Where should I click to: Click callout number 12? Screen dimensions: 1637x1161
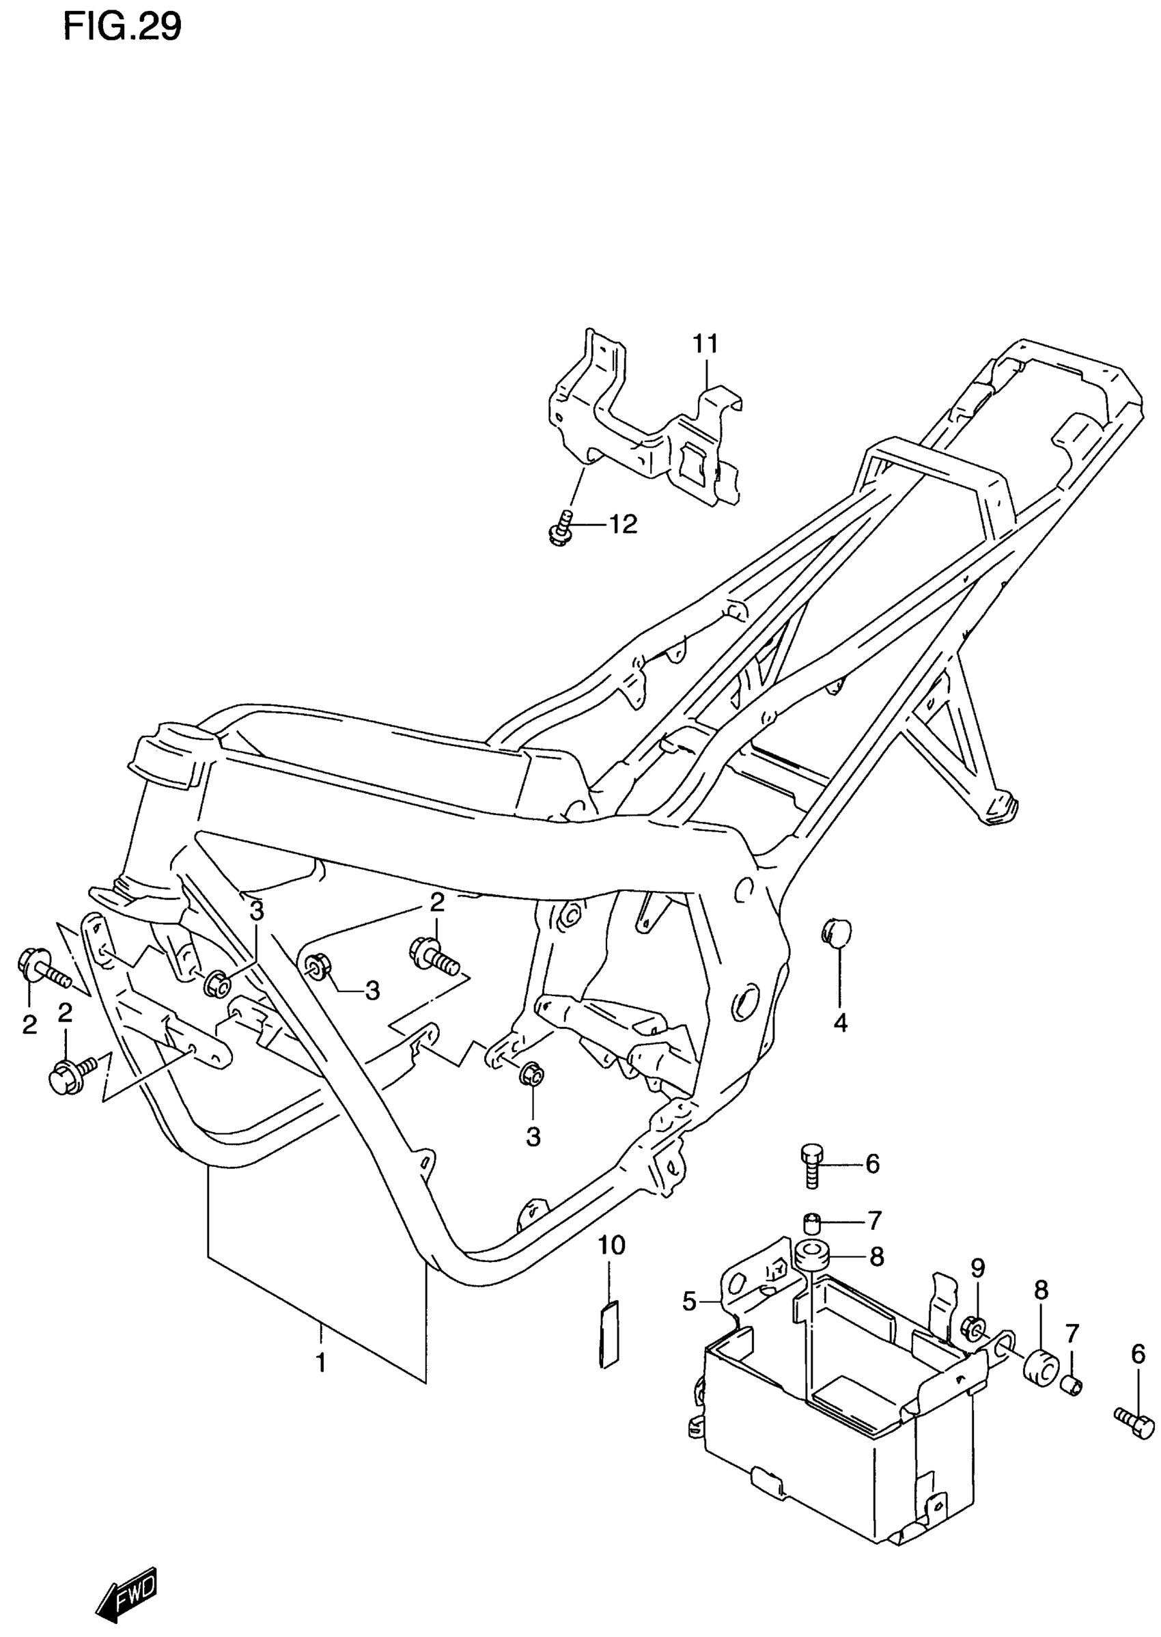pyautogui.click(x=623, y=525)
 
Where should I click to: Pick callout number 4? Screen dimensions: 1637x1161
pyautogui.click(x=840, y=1023)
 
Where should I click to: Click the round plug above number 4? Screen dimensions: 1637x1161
pyautogui.click(x=837, y=931)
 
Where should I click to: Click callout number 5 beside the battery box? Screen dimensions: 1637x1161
pyautogui.click(x=689, y=1302)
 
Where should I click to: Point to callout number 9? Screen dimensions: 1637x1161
pyautogui.click(x=978, y=1269)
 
